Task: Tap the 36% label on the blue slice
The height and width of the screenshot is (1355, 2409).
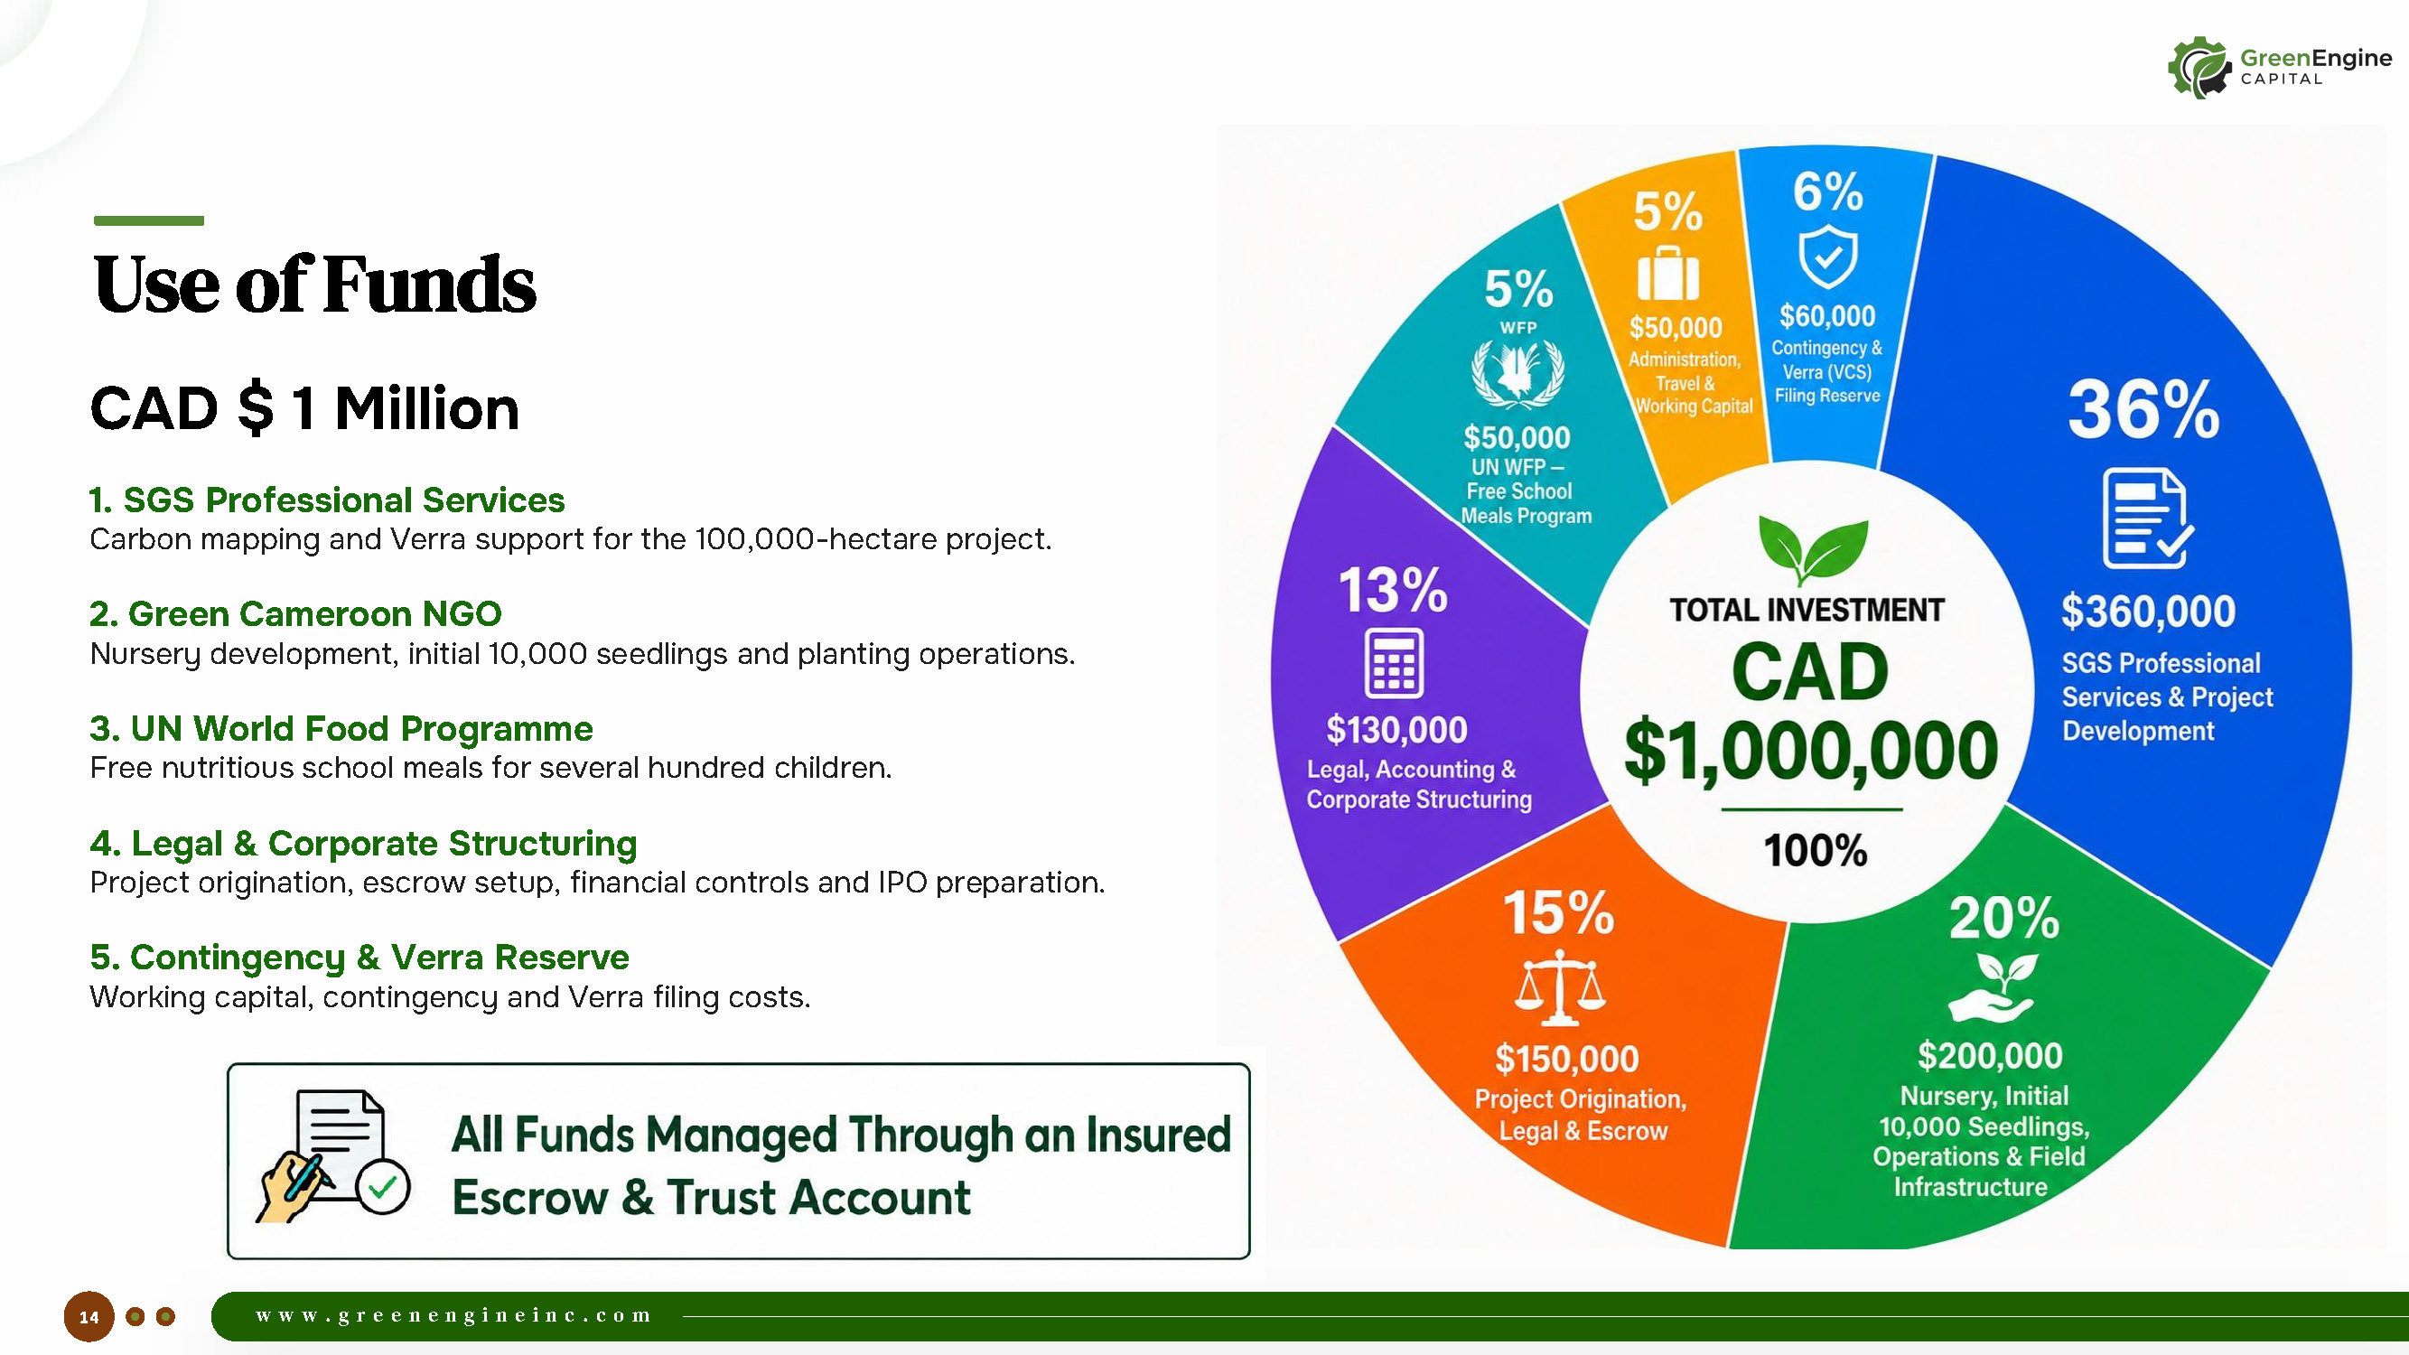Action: tap(2143, 409)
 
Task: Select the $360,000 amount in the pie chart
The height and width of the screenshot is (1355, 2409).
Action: tap(2148, 612)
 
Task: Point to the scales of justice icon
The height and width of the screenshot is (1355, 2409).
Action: tap(1560, 987)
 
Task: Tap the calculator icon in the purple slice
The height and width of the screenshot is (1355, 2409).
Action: tap(1395, 663)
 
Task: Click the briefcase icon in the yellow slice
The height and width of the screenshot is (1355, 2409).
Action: tap(1668, 273)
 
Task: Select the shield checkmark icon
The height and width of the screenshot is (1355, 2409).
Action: tap(1828, 257)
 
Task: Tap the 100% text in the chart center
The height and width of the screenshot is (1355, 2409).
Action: tap(1816, 851)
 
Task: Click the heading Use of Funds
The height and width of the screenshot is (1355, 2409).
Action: tap(315, 285)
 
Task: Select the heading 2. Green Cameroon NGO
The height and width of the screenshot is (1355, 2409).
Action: tap(295, 614)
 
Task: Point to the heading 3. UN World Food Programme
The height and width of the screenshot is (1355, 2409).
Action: tap(341, 728)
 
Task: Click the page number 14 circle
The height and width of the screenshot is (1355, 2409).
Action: tap(89, 1317)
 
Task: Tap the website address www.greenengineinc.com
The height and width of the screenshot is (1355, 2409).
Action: tap(453, 1316)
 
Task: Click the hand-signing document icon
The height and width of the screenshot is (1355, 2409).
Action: tap(333, 1157)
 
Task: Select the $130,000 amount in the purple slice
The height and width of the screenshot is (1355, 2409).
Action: tap(1397, 730)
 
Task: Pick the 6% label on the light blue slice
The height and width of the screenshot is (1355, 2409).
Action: tap(1827, 192)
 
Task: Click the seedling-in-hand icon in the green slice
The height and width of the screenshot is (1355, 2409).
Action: tap(1993, 987)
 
